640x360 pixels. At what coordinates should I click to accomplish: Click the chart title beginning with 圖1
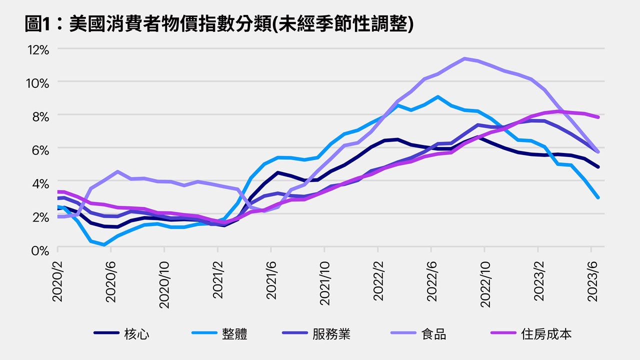[x=219, y=23]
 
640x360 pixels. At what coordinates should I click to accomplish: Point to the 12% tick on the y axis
[x=38, y=50]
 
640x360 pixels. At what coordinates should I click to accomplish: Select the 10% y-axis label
[x=38, y=83]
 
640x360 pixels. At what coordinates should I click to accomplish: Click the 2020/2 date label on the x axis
[x=57, y=280]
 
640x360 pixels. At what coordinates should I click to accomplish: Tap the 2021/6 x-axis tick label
[x=270, y=280]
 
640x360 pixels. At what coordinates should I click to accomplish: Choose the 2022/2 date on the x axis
[x=377, y=280]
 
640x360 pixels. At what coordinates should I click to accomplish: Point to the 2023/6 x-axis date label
[x=590, y=280]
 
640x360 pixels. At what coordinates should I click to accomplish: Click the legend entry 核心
[x=136, y=334]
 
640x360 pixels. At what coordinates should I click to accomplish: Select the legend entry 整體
[x=234, y=334]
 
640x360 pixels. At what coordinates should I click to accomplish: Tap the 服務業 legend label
[x=331, y=334]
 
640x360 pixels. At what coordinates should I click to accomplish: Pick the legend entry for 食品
[x=433, y=334]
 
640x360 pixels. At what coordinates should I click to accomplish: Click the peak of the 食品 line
[x=465, y=58]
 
